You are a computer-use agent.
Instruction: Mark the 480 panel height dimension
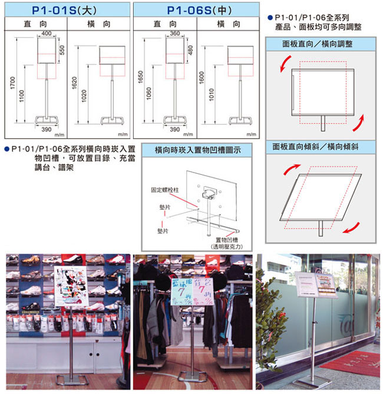point(190,51)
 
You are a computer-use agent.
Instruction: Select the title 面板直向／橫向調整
point(316,44)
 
